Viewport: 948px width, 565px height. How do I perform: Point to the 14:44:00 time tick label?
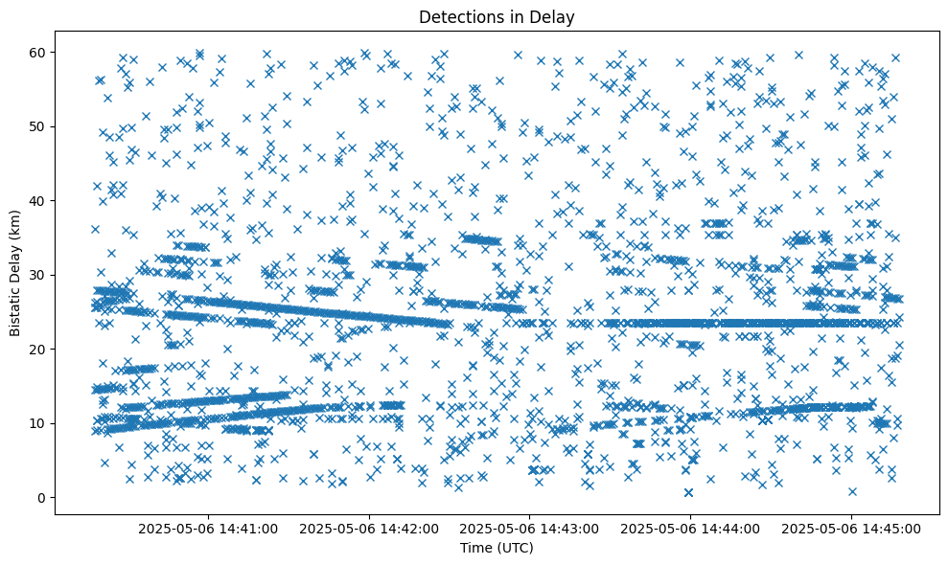[690, 528]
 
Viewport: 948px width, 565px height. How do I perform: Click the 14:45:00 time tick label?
[851, 528]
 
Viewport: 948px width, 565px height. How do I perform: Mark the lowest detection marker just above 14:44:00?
[689, 492]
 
